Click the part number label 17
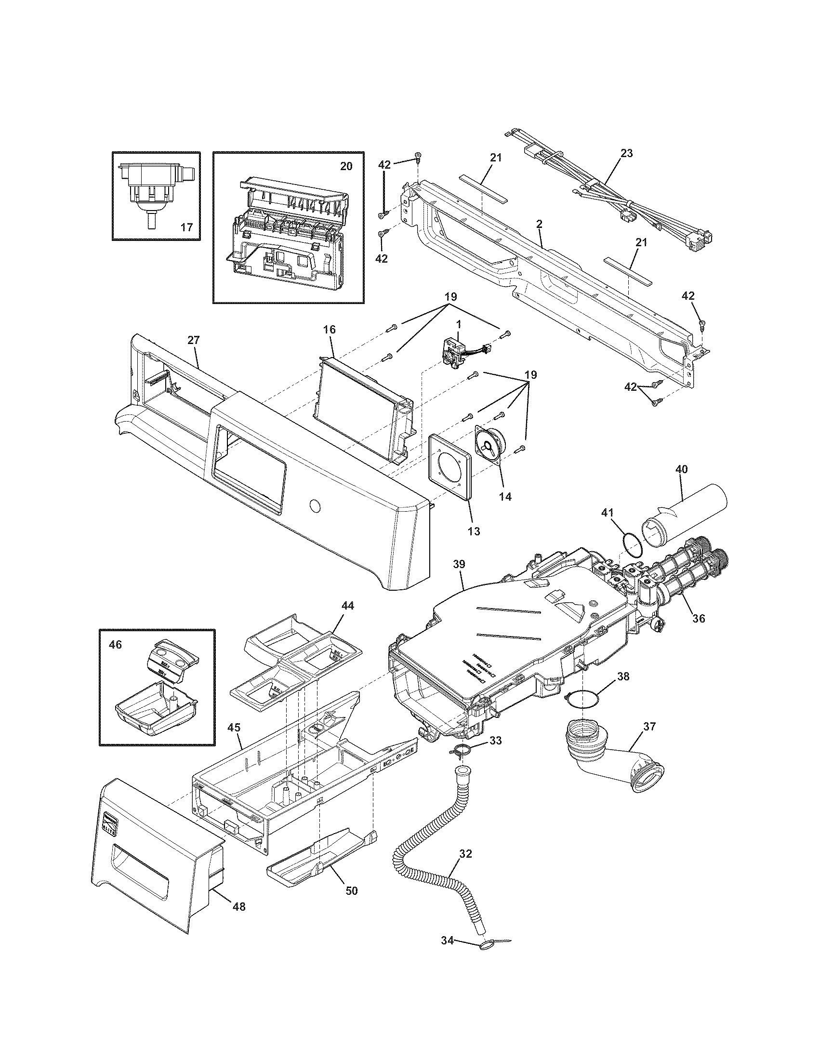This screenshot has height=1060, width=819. click(187, 226)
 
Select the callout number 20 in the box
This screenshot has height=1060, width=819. click(346, 166)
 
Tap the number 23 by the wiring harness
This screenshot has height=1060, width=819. click(626, 153)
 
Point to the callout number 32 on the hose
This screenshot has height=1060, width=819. click(465, 854)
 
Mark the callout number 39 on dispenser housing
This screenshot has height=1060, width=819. click(459, 565)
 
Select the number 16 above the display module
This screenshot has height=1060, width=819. click(329, 330)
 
